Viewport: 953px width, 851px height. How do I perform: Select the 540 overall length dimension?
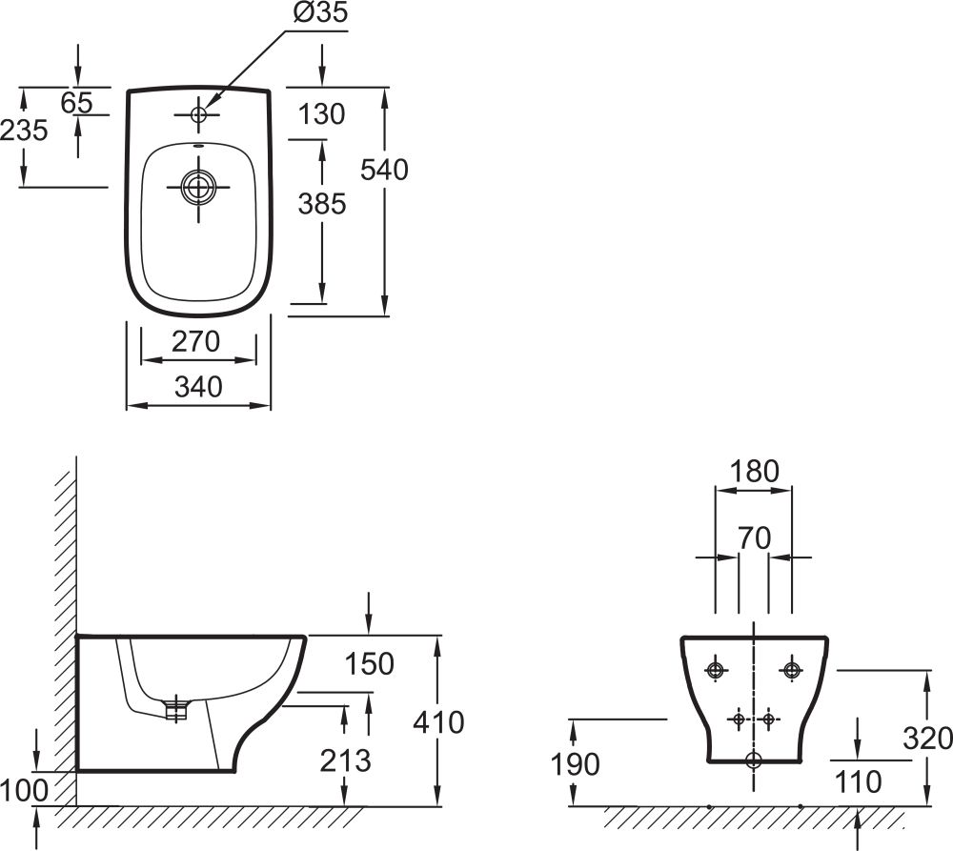pos(384,170)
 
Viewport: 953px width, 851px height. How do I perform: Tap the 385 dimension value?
pos(321,203)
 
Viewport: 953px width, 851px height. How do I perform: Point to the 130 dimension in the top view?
pos(321,114)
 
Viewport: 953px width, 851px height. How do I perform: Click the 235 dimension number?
pos(24,131)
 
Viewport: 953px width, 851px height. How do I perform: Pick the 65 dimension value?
pos(76,102)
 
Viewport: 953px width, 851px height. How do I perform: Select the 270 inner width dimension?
pos(197,341)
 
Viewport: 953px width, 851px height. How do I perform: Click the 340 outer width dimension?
pos(198,387)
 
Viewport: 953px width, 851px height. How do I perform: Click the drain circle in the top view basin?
pos(198,188)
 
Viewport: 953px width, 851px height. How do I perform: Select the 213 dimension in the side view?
pos(345,760)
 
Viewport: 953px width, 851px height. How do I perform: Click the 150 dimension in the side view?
pos(370,663)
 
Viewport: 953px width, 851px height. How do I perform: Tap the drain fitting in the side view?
pos(175,708)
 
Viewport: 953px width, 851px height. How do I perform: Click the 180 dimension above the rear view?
pos(754,471)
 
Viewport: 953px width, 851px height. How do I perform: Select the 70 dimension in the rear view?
pos(754,538)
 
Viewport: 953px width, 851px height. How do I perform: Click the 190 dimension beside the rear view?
pos(575,763)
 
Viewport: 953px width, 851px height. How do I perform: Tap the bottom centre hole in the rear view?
pos(754,760)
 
